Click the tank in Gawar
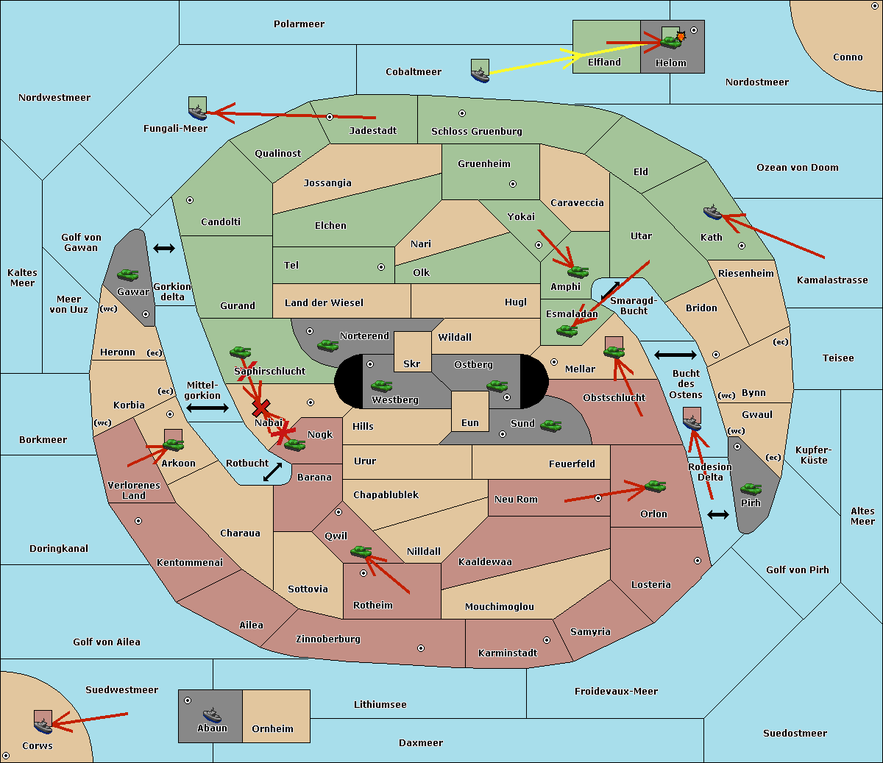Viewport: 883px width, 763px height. point(128,274)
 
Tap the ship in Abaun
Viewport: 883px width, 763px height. point(211,714)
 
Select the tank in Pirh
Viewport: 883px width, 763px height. point(751,489)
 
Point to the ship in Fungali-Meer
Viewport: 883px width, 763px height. point(197,113)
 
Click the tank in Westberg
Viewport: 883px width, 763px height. point(381,386)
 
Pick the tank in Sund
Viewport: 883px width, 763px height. point(550,425)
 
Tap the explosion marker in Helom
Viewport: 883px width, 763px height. point(681,36)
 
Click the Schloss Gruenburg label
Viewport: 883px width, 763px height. point(476,131)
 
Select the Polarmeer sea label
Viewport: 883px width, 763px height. point(299,24)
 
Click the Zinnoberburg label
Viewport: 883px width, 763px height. point(328,639)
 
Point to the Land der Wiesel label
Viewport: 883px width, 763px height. point(324,303)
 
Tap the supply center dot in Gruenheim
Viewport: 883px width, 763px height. point(513,184)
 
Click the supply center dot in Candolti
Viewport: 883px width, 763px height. point(190,200)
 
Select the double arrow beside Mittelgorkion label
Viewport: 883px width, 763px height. point(208,408)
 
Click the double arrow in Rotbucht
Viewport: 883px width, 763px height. point(272,472)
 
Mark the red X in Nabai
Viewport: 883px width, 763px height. point(260,408)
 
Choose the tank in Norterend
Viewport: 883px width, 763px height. point(327,345)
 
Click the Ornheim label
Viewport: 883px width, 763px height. point(272,728)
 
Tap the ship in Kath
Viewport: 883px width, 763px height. point(712,213)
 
